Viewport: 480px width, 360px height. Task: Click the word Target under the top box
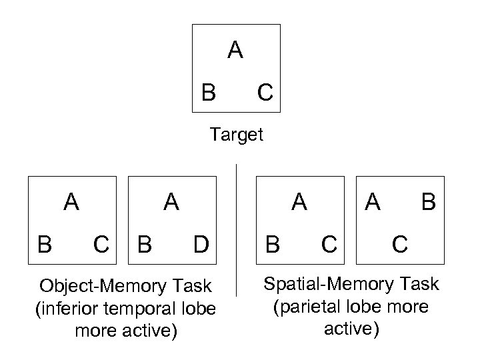point(237,135)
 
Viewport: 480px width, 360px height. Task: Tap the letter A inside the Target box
point(235,51)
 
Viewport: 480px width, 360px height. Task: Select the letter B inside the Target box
point(209,93)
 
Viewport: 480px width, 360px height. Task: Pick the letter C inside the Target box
point(265,93)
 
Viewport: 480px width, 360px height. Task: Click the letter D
point(201,245)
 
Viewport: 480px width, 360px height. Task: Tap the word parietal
point(309,307)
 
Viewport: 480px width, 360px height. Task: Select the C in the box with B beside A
point(399,245)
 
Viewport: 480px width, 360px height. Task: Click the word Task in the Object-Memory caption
point(193,287)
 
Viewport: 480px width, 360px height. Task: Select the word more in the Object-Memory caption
point(93,331)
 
